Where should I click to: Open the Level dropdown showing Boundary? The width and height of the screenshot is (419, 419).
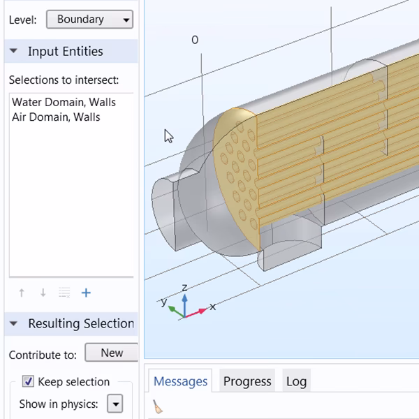[89, 20]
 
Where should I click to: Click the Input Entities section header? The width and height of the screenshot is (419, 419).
[65, 52]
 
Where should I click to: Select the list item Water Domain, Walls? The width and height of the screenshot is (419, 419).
[64, 102]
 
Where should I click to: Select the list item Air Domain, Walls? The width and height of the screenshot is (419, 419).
[56, 117]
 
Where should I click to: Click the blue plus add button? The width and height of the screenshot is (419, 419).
[86, 293]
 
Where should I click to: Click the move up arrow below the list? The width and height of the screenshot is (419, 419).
[22, 293]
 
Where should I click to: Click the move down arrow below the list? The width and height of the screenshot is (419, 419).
[43, 293]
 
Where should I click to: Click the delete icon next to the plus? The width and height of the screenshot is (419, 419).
[64, 293]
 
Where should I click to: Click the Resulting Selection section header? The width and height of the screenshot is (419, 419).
[80, 323]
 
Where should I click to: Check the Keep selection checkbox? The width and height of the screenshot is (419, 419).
[28, 381]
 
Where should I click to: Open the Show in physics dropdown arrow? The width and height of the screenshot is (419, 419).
[115, 404]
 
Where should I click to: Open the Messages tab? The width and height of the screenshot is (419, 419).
[180, 381]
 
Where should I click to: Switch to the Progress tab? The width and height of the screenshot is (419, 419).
[247, 381]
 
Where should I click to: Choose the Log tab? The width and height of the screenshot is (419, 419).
[296, 381]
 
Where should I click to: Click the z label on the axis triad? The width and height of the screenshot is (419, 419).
[184, 287]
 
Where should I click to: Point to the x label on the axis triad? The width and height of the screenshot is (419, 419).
[212, 306]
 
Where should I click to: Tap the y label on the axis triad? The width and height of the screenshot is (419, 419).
[163, 302]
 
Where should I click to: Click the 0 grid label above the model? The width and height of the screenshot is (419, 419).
[195, 41]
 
